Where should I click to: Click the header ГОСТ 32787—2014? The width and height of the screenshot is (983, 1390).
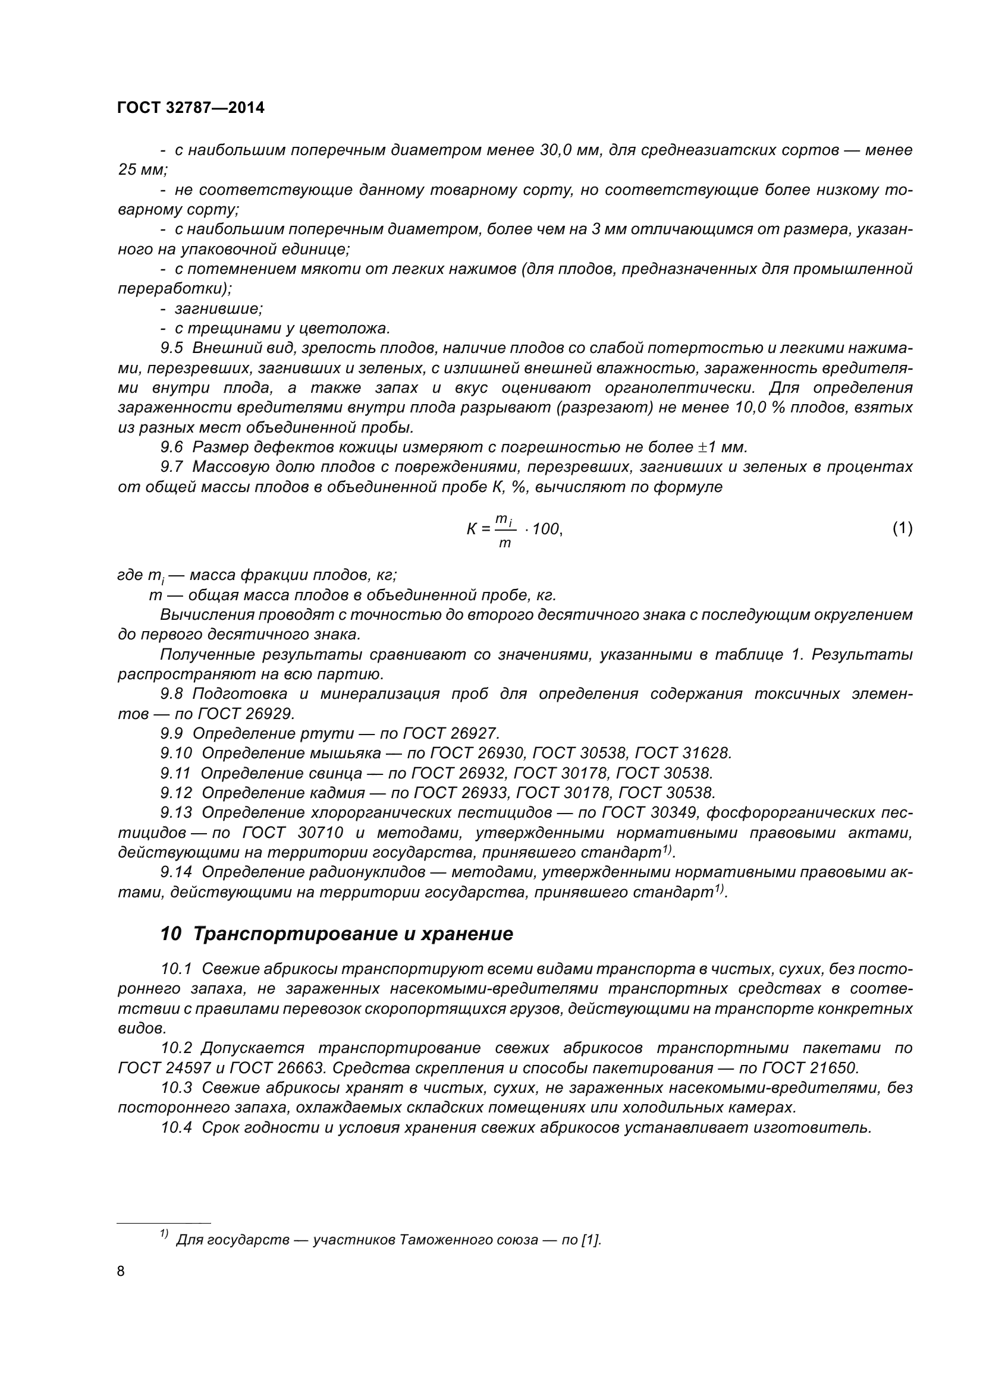tap(191, 108)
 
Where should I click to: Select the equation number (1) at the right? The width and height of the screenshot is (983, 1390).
tap(902, 528)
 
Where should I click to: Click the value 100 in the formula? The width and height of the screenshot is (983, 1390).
tap(547, 529)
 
